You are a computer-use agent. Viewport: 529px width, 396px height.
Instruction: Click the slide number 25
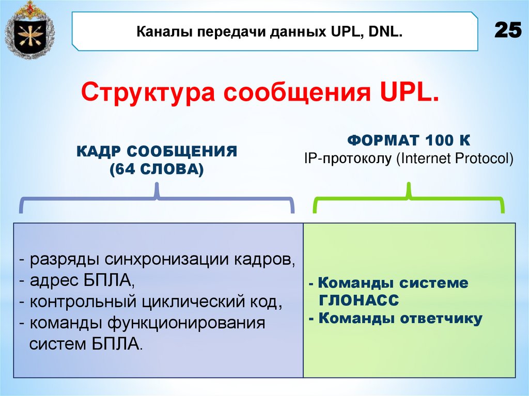508,31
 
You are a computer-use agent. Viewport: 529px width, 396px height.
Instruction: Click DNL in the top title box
385,33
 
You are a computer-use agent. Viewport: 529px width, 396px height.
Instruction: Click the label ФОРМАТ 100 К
408,140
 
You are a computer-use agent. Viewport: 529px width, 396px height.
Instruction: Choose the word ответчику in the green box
441,318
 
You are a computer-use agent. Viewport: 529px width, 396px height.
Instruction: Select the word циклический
188,302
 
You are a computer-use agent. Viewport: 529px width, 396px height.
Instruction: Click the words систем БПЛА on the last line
85,344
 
